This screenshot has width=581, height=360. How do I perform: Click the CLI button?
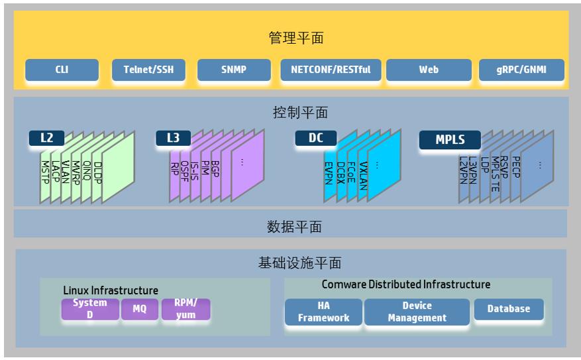62,70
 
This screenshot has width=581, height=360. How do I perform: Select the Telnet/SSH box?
148,70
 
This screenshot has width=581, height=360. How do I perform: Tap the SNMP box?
234,70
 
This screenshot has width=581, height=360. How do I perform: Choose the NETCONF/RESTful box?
331,70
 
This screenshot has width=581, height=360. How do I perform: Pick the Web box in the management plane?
429,70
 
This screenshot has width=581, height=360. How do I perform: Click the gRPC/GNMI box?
521,70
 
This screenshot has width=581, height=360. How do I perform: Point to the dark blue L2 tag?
46,138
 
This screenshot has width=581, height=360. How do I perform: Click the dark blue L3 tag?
173,138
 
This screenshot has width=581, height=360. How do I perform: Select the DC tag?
316,138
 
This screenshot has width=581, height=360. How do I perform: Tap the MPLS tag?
450,140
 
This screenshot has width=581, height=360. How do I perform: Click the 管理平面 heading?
296,38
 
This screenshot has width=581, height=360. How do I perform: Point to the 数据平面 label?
294,227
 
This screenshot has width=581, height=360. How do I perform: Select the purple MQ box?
140,309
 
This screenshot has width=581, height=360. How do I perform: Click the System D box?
90,309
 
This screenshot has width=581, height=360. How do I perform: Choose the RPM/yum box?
185,309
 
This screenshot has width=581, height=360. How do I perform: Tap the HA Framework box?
323,312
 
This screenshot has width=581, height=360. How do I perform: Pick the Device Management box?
417,312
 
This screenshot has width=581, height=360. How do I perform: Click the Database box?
509,309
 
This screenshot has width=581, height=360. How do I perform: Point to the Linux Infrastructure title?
111,290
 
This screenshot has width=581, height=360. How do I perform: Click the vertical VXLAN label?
364,176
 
